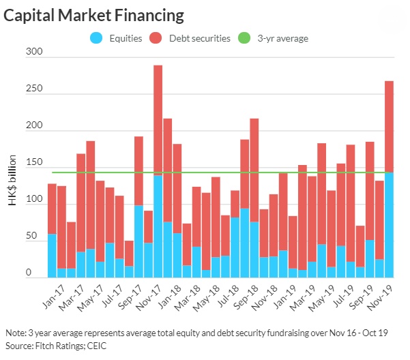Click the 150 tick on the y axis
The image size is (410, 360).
click(33, 163)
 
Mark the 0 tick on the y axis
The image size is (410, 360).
click(38, 273)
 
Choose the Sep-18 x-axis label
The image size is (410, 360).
click(241, 293)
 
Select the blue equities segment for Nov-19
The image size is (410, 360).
click(390, 225)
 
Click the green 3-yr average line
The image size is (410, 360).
click(218, 172)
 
